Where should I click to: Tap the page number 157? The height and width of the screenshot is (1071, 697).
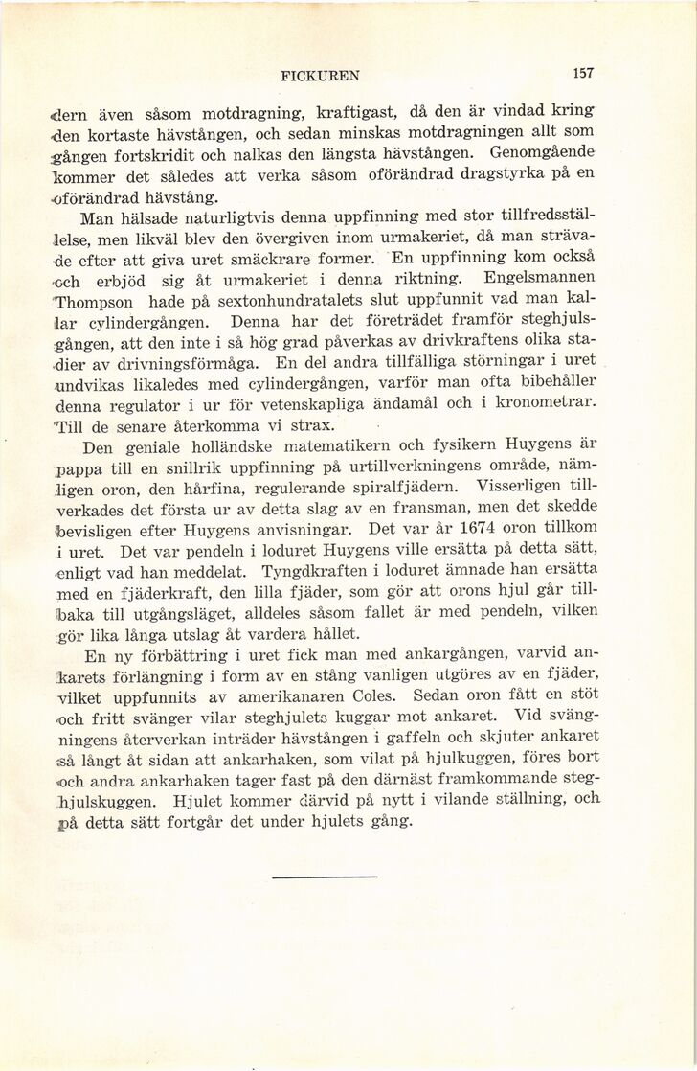pos(583,72)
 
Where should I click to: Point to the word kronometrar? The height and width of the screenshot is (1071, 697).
pos(541,402)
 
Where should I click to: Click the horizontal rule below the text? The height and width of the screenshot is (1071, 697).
pos(325,876)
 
